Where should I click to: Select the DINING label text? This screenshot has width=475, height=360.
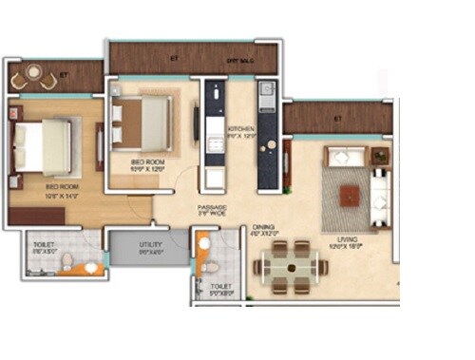[263, 228]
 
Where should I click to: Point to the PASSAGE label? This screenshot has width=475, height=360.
[211, 206]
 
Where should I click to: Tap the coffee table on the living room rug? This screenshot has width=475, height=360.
[351, 195]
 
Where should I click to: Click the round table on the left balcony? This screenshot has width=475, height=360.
[34, 76]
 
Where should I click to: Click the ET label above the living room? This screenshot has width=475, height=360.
[338, 119]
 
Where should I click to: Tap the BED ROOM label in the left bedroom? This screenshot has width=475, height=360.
[59, 187]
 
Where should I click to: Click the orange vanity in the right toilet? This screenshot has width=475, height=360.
[203, 247]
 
